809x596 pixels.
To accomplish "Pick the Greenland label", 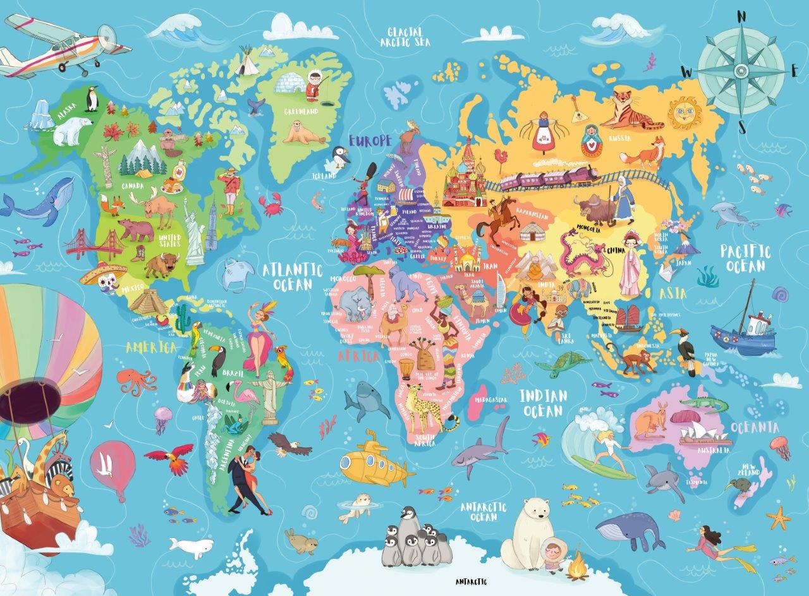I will pyautogui.click(x=301, y=112).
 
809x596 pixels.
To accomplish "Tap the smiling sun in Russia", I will pyautogui.click(x=685, y=111).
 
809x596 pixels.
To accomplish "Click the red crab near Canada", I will pyautogui.click(x=271, y=204).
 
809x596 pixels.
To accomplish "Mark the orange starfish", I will pyautogui.click(x=778, y=518).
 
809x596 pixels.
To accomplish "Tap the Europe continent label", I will pyautogui.click(x=370, y=140).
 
